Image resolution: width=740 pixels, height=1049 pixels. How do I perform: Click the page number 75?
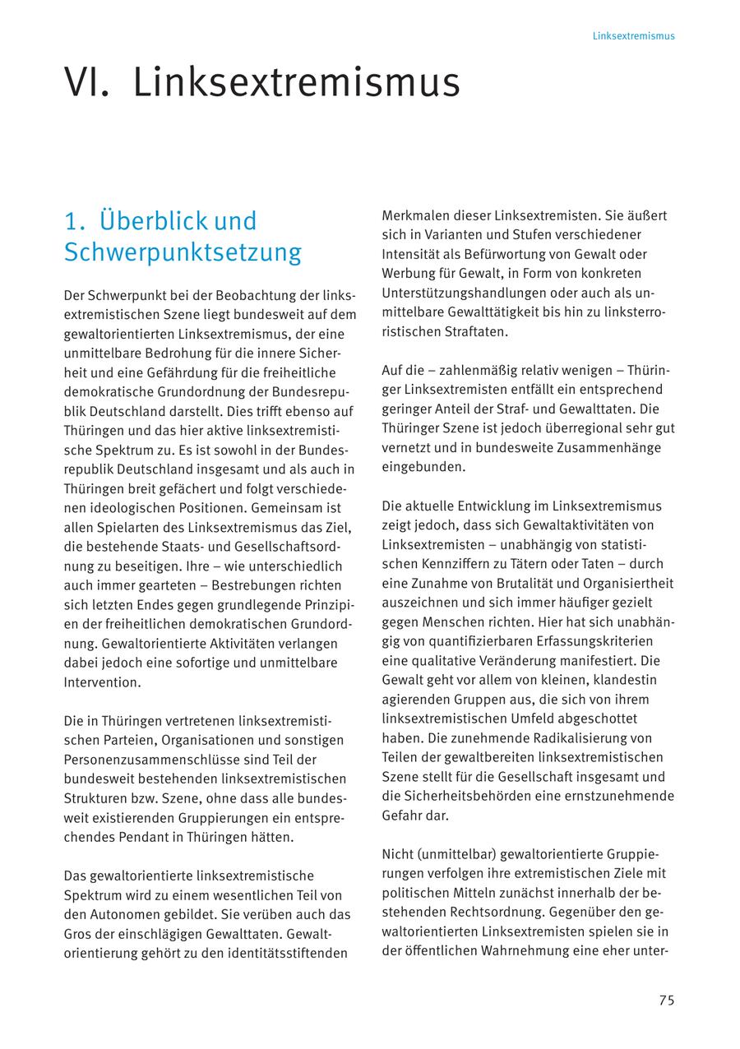coord(666,1000)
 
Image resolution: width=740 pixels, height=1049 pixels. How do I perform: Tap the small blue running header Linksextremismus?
coord(633,36)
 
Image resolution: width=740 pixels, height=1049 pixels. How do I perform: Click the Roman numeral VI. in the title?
coord(87,83)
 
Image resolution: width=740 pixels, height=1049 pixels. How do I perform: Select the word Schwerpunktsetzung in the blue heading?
coord(183,252)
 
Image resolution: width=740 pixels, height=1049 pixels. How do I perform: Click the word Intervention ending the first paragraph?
coord(102,682)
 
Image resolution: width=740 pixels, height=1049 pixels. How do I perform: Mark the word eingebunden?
coord(423,467)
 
